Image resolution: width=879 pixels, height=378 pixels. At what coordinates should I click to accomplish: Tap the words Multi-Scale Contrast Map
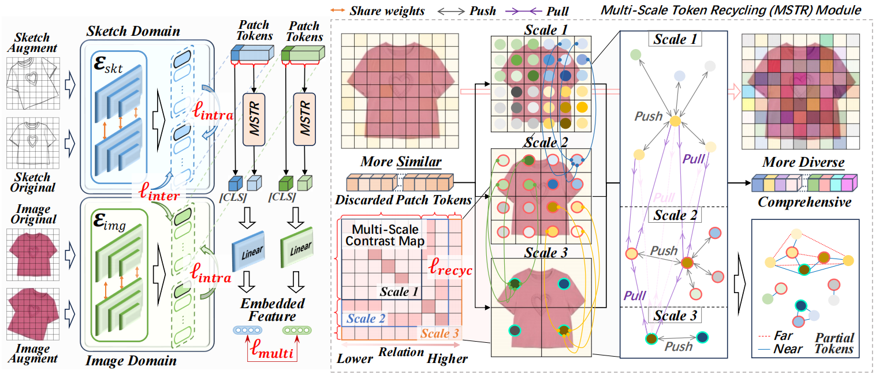tap(384, 235)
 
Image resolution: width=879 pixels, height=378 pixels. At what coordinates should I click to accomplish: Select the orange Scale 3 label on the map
tap(439, 333)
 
